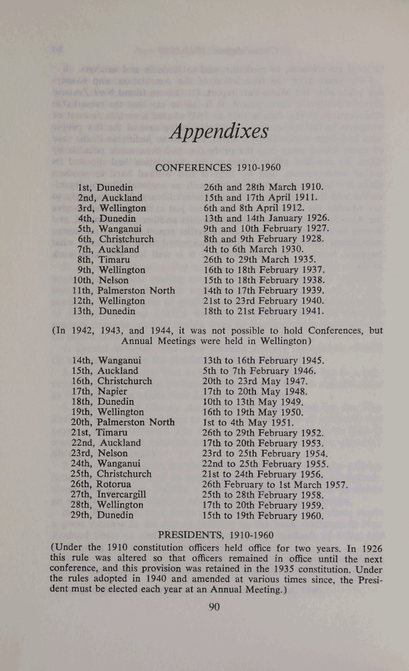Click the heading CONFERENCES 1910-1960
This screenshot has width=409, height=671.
point(218,168)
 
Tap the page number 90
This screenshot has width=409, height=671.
point(214,607)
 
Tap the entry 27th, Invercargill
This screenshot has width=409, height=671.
point(108,495)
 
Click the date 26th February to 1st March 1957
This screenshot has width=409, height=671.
point(275,484)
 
